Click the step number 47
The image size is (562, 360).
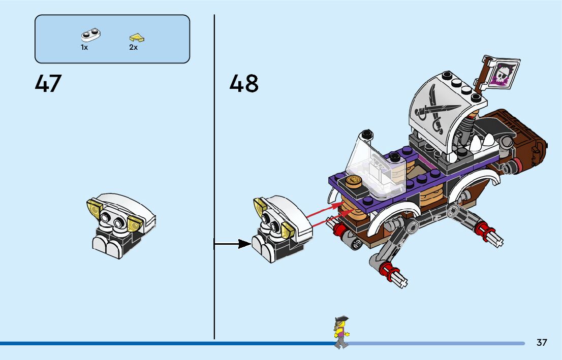48,84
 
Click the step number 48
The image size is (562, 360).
244,84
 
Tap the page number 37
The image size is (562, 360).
542,342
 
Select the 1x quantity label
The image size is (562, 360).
84,47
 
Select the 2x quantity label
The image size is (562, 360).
134,47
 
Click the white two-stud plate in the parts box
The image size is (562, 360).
90,36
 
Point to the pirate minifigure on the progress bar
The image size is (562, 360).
341,332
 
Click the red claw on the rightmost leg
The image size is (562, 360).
488,233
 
